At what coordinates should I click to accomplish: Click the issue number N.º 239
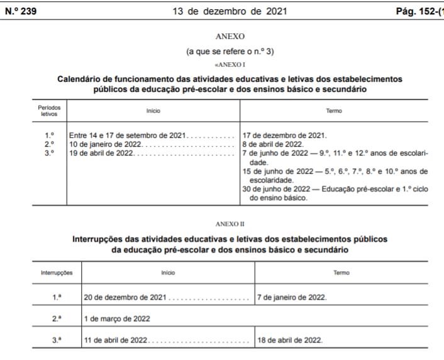click(20, 11)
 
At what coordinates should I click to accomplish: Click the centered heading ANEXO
click(230, 37)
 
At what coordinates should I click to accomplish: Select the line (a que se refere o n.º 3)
click(230, 52)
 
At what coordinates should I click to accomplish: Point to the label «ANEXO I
click(230, 65)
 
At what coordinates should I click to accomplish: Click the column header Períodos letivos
click(49, 111)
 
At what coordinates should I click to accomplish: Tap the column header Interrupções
click(57, 273)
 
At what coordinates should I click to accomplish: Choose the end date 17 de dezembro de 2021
click(284, 135)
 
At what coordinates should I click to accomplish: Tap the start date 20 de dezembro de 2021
click(125, 297)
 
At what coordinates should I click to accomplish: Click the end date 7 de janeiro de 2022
click(292, 297)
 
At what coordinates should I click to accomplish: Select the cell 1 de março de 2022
click(117, 318)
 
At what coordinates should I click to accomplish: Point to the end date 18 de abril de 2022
click(290, 340)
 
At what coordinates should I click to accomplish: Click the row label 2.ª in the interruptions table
click(57, 318)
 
